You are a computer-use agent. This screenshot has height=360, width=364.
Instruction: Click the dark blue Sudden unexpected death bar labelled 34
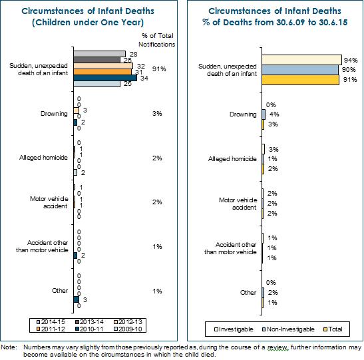click(x=105, y=78)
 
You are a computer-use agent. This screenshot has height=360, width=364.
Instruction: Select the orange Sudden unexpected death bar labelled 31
click(x=102, y=72)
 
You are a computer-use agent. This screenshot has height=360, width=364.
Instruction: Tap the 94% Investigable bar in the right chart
click(x=302, y=60)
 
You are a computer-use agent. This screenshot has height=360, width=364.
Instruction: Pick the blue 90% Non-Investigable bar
click(x=300, y=70)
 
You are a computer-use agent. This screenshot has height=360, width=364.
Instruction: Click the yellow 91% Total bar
click(x=301, y=80)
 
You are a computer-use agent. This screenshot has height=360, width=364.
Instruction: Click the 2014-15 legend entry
click(x=51, y=322)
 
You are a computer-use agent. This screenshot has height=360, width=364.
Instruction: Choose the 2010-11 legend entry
click(x=90, y=329)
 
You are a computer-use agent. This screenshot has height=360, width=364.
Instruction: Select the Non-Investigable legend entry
click(x=288, y=329)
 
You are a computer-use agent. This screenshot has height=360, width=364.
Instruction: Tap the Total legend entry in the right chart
click(x=333, y=329)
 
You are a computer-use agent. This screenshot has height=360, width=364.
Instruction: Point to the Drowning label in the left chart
click(x=54, y=114)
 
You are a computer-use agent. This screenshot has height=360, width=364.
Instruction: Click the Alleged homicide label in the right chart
click(x=232, y=159)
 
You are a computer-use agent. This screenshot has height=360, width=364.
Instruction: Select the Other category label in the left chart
click(x=60, y=291)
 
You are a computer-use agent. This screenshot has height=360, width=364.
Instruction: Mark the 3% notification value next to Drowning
click(x=157, y=114)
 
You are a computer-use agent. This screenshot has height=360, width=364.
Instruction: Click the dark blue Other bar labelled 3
click(x=76, y=299)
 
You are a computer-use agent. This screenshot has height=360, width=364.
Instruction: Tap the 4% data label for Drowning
click(x=274, y=114)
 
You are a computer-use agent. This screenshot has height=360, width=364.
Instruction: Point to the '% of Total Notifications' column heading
click(x=157, y=40)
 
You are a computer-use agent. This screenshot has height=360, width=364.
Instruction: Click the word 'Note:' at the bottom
click(x=9, y=347)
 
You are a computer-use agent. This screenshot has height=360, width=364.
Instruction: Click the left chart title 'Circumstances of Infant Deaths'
click(x=88, y=11)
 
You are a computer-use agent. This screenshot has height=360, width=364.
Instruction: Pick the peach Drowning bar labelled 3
click(x=76, y=110)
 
